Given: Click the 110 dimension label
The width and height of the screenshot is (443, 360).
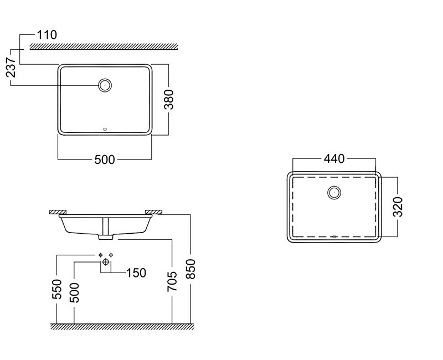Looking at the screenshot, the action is tap(47, 35).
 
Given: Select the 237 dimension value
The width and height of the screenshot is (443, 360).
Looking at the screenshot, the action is tap(11, 67).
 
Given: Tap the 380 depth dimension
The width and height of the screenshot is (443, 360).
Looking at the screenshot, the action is tap(169, 100).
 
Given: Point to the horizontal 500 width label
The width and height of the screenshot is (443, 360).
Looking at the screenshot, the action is tap(105, 160).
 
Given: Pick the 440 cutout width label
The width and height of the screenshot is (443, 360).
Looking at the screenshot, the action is tap(334, 159).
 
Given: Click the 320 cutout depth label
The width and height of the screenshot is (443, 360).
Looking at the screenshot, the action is tap(398, 207).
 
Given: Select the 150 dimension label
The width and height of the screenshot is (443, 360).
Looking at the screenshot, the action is tap(136, 273).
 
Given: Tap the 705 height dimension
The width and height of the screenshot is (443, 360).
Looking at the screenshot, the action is tap(172, 281).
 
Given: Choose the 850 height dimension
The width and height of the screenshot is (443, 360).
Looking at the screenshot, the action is tap(190, 269).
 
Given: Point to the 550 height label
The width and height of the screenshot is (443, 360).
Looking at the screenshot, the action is tap(57, 289).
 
